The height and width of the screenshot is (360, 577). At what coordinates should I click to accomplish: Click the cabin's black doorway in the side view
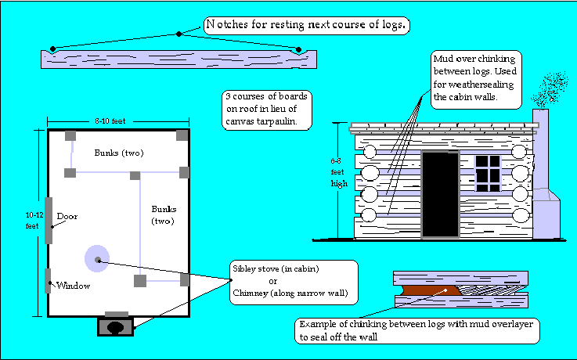[440, 194]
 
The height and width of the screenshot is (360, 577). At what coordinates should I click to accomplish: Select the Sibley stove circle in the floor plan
[97, 259]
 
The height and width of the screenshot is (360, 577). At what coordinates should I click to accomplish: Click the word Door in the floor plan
[67, 216]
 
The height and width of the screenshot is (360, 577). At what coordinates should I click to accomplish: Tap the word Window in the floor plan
[73, 286]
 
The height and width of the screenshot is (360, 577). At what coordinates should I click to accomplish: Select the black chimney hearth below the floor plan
[114, 326]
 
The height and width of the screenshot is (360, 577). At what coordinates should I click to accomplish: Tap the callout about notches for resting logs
[306, 26]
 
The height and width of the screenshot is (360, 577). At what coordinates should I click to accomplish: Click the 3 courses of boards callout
[267, 110]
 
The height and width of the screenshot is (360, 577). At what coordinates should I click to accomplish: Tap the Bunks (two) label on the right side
[164, 215]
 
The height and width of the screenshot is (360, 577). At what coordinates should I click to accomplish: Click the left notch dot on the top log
[52, 49]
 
